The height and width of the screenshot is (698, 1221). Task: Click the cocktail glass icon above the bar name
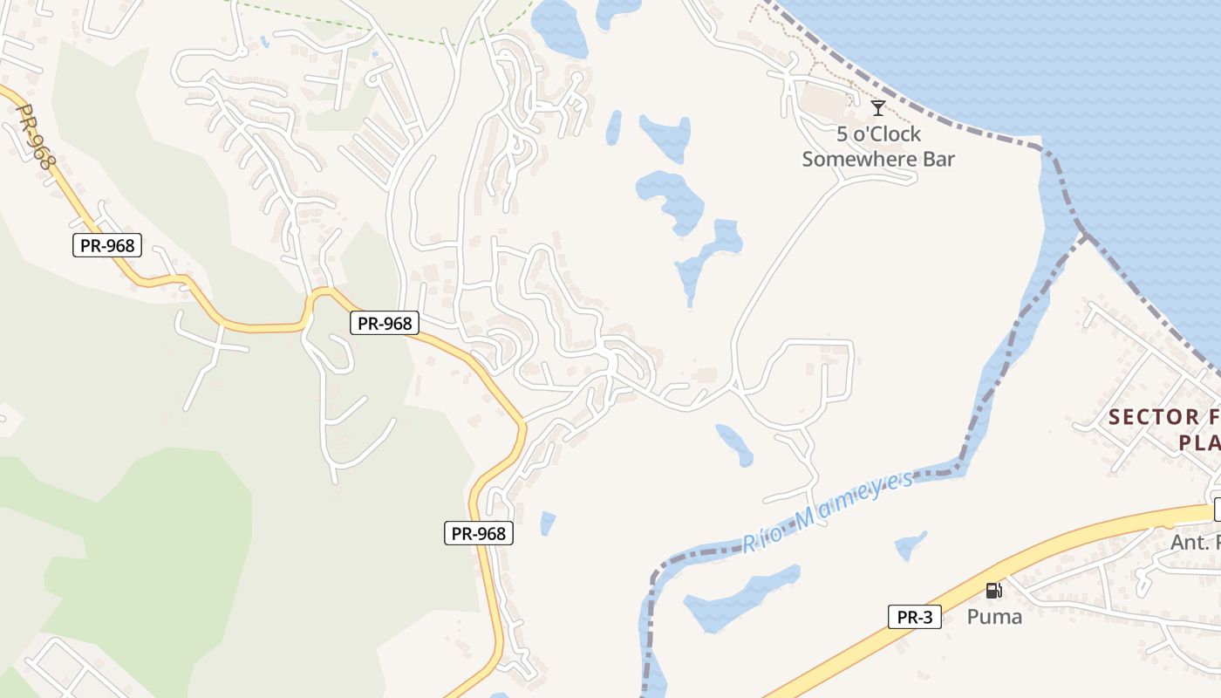pos(878,108)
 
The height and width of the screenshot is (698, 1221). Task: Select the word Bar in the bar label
pos(942,159)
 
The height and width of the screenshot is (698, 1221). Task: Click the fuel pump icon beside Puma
pos(992,591)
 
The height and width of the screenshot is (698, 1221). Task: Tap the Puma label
pos(994,617)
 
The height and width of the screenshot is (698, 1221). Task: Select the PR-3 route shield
pos(915,617)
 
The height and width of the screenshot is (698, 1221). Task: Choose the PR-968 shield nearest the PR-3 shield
pos(479,533)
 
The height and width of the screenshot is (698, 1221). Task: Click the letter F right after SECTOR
pos(1211,417)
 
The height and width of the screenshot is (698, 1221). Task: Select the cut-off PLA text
pos(1199,443)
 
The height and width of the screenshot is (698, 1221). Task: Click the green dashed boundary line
pos(392,35)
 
